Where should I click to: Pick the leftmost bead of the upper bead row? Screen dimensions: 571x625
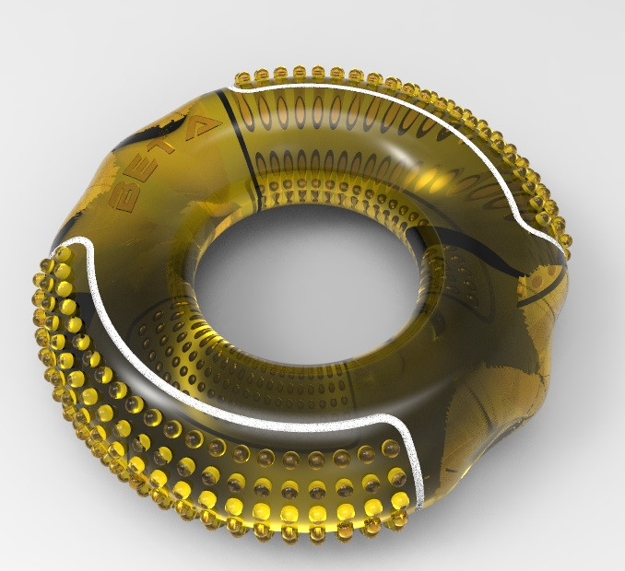[x=242, y=77]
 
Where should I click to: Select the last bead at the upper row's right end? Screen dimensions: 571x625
[x=563, y=242]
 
